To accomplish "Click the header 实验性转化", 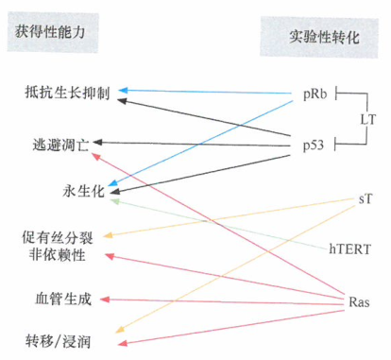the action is tap(324, 39).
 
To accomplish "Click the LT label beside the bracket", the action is tap(369, 120).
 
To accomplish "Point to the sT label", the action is tap(365, 200).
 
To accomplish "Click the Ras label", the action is tap(359, 302).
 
